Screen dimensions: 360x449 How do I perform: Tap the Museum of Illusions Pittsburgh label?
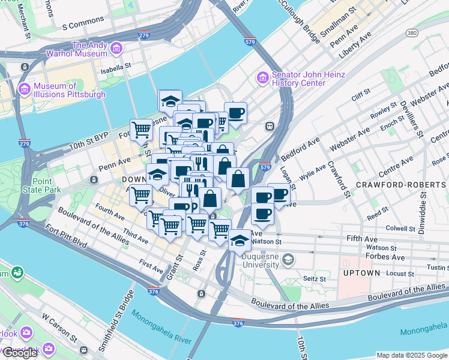click(70, 90)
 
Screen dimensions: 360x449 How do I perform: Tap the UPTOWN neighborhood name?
click(361, 273)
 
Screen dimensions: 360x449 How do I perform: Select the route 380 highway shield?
click(411, 32)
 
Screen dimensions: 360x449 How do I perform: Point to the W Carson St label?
click(57, 325)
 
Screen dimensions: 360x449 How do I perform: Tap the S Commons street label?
click(83, 25)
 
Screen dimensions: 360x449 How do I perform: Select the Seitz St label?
click(315, 278)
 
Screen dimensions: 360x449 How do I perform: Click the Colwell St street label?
click(400, 228)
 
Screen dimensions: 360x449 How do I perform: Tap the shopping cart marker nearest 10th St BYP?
click(142, 129)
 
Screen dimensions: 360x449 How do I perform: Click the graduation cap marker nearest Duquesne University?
click(240, 240)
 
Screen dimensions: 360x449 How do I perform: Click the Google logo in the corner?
click(20, 353)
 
